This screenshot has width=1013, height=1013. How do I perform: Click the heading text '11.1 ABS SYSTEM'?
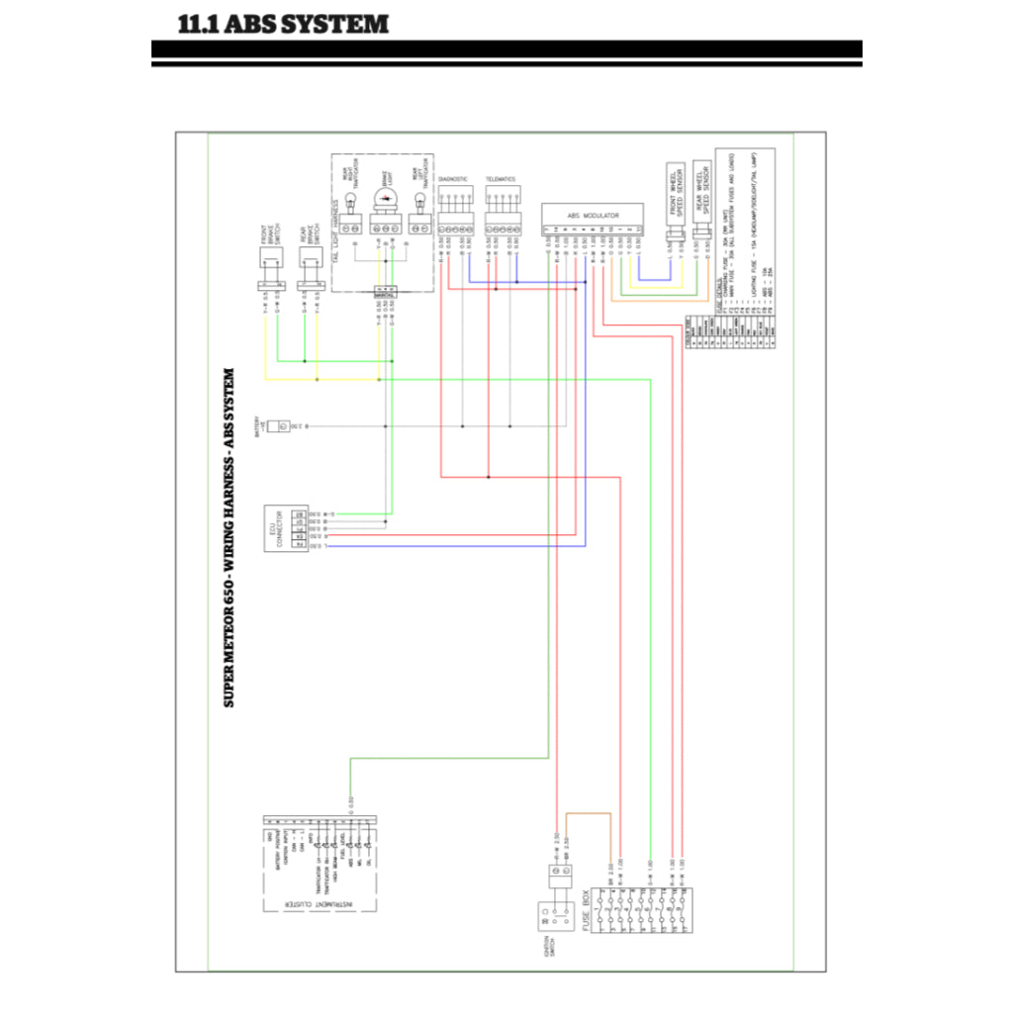[x=283, y=24]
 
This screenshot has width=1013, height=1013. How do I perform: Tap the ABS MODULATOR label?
[x=593, y=215]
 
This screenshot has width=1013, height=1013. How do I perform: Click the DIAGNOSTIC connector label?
[x=452, y=180]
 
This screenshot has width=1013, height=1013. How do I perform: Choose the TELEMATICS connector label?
[x=501, y=180]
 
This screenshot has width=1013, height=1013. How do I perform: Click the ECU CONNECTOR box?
[x=279, y=530]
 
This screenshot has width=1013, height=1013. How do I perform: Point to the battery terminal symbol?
[x=282, y=425]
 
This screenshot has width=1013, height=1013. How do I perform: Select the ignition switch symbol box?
[x=547, y=918]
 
